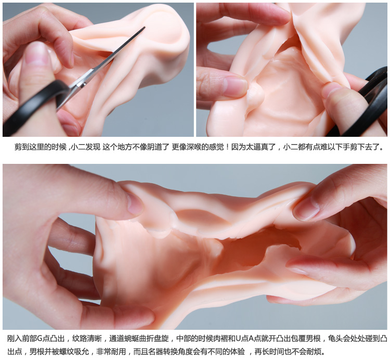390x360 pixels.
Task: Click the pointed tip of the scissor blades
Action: pyautogui.click(x=145, y=27)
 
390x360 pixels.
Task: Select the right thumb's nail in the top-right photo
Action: pyautogui.click(x=330, y=90)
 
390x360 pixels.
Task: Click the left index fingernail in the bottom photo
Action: pyautogui.click(x=135, y=203)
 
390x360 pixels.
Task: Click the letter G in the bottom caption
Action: pyautogui.click(x=40, y=338)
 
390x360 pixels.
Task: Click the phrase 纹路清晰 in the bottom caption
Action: pyautogui.click(x=87, y=338)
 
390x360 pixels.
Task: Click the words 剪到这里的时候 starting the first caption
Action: pyautogui.click(x=40, y=147)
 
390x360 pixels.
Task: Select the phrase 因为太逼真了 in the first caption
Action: pyautogui.click(x=253, y=147)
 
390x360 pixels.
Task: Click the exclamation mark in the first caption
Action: pyautogui.click(x=227, y=147)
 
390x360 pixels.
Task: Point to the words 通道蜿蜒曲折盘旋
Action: pyautogui.click(x=139, y=338)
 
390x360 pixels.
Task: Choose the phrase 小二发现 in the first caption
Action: pyautogui.click(x=86, y=147)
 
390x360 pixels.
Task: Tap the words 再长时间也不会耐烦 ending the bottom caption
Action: pyautogui.click(x=288, y=352)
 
